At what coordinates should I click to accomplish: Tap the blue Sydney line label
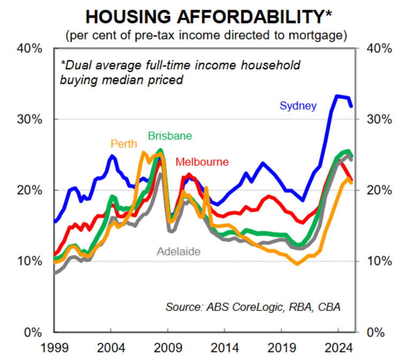tap(298, 105)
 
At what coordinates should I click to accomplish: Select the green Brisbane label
tap(170, 136)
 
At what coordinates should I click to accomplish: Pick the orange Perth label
tap(124, 144)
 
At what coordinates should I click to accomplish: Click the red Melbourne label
tap(202, 162)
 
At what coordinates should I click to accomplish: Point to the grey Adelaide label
tap(178, 251)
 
